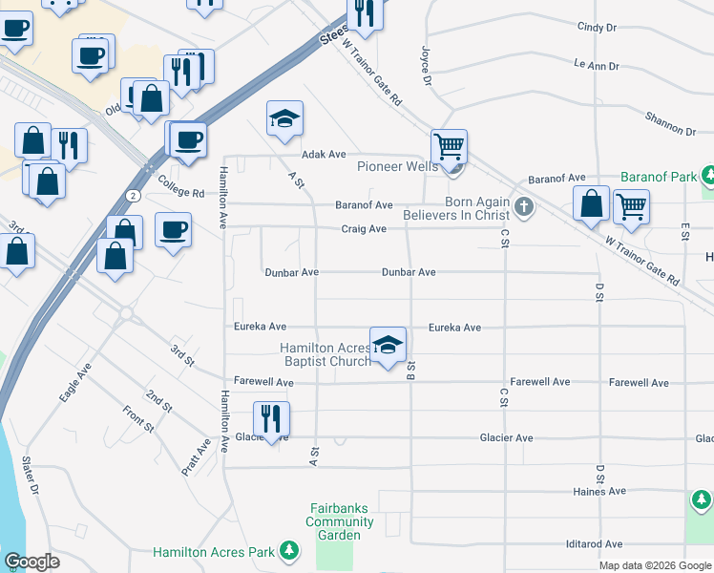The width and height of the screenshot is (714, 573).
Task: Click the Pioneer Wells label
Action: pos(397,166)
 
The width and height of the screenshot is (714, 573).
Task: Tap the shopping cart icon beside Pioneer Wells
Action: pos(449,147)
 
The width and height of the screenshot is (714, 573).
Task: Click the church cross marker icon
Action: pos(523,206)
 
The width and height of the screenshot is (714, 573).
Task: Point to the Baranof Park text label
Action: pos(658,177)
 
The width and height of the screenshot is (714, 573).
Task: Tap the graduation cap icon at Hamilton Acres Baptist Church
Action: pos(388,345)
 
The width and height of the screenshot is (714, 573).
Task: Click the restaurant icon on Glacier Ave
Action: pos(271,418)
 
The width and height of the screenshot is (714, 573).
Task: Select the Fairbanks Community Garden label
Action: pos(340,522)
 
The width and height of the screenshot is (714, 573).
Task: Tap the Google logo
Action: pos(31,562)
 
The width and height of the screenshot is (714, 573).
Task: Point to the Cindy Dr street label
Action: pos(597,29)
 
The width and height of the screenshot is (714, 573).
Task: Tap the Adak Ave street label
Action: pos(323,154)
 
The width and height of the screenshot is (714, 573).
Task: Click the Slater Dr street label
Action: pos(31,477)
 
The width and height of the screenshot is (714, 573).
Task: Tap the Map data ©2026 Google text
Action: pos(655,565)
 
